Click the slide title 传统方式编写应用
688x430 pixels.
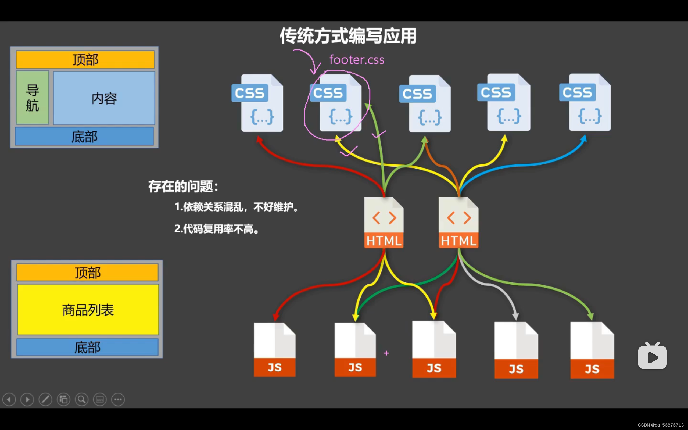348,36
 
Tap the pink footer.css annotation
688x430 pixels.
357,60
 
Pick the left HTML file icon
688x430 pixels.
384,223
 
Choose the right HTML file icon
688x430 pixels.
458,223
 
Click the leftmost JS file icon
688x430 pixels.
275,350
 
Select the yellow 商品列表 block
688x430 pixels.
88,310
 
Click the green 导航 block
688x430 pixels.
33,98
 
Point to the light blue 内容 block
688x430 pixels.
104,98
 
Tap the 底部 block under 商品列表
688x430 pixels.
87,347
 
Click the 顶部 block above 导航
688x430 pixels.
85,60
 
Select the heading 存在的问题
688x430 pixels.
183,187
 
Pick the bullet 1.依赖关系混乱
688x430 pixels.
236,207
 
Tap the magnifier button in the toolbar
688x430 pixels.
82,400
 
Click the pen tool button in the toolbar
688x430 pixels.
45,400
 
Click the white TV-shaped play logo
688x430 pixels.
652,356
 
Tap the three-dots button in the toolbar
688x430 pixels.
118,400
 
